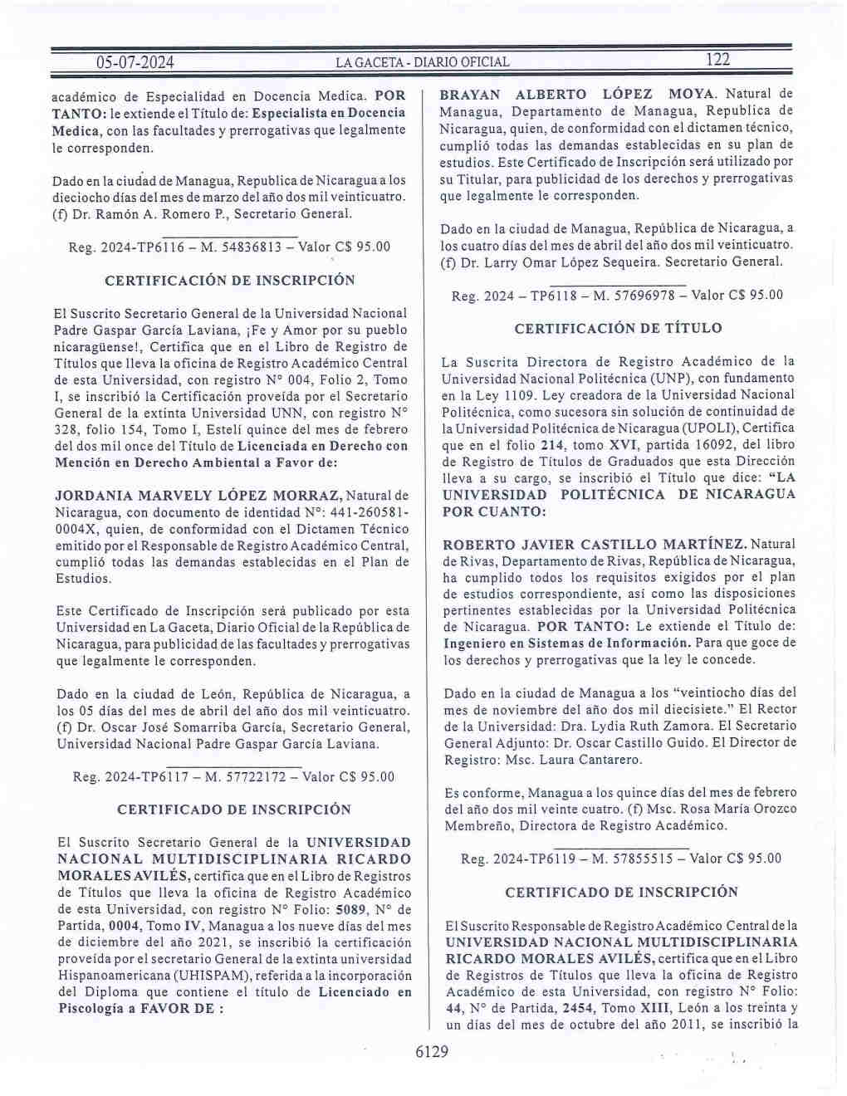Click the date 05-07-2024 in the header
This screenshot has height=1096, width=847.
click(135, 62)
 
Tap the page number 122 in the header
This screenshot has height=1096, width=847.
click(717, 59)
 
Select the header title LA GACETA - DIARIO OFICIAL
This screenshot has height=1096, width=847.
click(422, 62)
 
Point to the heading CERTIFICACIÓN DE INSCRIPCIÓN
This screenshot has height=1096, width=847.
click(230, 281)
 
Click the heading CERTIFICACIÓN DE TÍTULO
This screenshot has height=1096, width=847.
click(618, 329)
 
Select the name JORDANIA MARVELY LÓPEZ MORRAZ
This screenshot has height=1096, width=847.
click(198, 496)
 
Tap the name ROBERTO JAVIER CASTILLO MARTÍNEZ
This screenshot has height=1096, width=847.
click(594, 545)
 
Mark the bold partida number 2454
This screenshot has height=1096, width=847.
click(577, 1008)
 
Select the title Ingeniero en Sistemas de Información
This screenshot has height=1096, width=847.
click(567, 643)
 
